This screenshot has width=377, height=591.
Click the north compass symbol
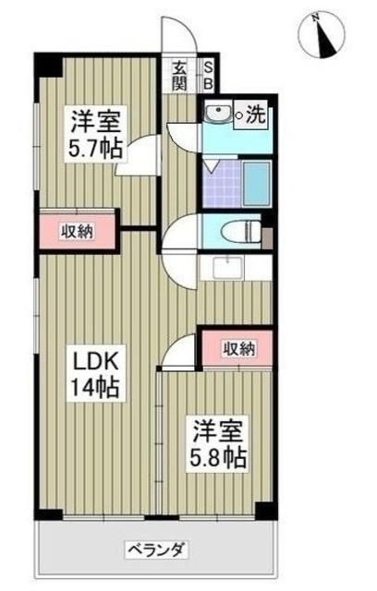coord(321,32)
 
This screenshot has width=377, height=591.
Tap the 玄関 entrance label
coord(177,75)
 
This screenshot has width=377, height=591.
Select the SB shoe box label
coord(208,74)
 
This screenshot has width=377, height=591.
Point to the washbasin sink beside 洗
coord(218,115)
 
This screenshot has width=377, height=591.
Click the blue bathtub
coord(256,183)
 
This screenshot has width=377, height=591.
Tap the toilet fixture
coord(242,231)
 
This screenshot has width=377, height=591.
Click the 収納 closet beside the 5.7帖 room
coord(77,231)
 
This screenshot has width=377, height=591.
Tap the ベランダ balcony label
coord(157,551)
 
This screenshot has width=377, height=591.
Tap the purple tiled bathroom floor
coord(222,186)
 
